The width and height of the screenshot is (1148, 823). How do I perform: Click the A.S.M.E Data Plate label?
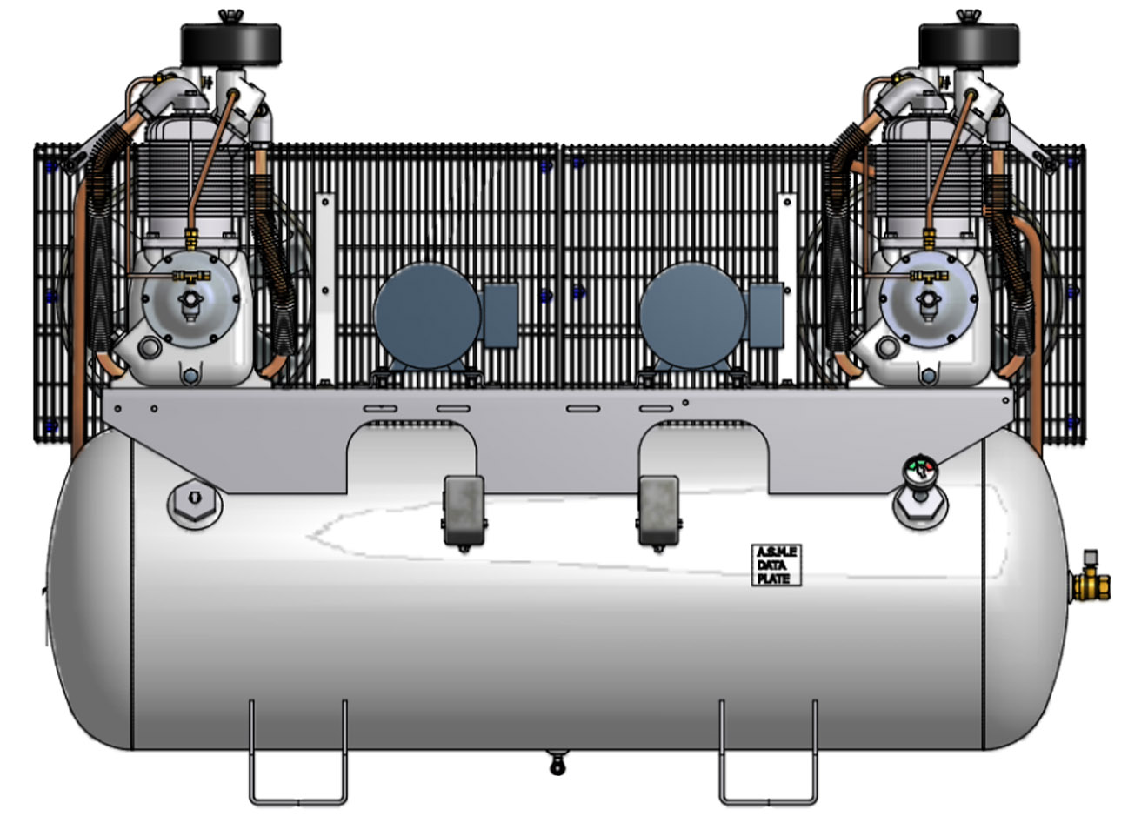coord(776,565)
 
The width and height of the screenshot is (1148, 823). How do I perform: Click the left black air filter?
coord(230,43)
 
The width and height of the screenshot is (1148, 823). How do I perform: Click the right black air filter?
coord(968,43)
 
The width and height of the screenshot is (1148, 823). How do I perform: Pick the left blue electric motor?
coord(428,316)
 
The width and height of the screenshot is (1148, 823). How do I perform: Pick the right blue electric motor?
coord(692,316)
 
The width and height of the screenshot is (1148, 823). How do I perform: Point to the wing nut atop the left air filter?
coord(231,16)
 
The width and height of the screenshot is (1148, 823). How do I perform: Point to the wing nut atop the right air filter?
coord(965,16)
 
